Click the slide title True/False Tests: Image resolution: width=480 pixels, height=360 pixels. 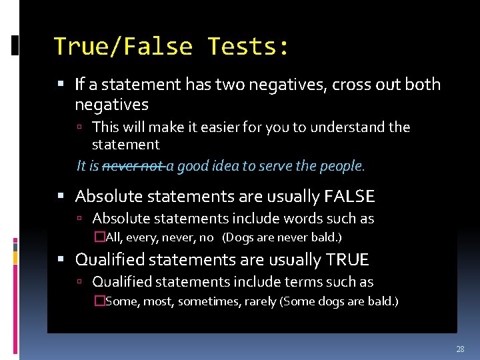[171, 46]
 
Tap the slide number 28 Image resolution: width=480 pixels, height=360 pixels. [460, 349]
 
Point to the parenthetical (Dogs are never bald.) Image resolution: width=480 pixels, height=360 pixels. [282, 237]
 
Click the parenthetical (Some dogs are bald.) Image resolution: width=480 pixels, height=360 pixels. [339, 301]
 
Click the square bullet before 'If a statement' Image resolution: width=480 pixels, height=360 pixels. [61, 85]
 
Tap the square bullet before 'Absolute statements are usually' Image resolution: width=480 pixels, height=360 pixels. [61, 197]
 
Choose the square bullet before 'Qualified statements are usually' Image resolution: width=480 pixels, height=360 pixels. [61, 260]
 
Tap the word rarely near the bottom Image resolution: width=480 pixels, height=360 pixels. [260, 301]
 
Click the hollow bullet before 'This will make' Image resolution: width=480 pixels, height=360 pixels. [79, 127]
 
